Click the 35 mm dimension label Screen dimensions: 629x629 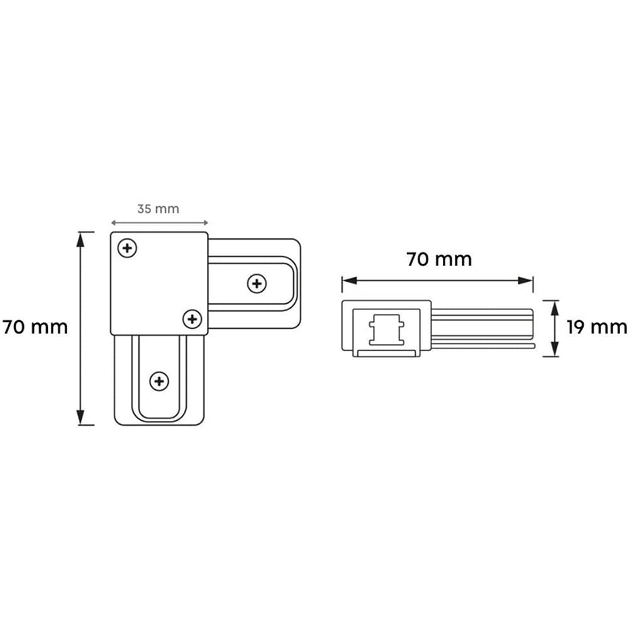(158, 209)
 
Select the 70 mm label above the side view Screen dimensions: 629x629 (438, 259)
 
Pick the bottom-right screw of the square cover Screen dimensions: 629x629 (192, 319)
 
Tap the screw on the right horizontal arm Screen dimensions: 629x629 (256, 284)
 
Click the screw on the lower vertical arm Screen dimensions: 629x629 (159, 381)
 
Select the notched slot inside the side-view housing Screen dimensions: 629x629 (384, 329)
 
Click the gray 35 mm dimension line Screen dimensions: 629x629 (159, 222)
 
